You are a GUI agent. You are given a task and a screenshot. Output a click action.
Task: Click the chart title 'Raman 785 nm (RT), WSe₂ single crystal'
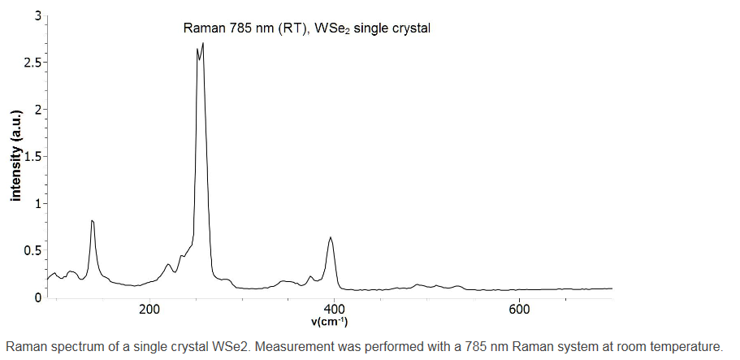coord(307,28)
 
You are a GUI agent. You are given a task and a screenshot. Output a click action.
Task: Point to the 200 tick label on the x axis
coord(149,310)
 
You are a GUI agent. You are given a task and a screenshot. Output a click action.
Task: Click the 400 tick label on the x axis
coord(334,310)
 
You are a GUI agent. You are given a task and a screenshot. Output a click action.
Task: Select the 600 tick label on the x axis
coord(519,310)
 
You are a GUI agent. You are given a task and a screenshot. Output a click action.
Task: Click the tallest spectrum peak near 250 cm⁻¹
coord(202,43)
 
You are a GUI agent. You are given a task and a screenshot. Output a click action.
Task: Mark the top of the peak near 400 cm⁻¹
coord(331,237)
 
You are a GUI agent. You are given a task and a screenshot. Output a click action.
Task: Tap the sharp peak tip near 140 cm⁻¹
coord(93,220)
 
